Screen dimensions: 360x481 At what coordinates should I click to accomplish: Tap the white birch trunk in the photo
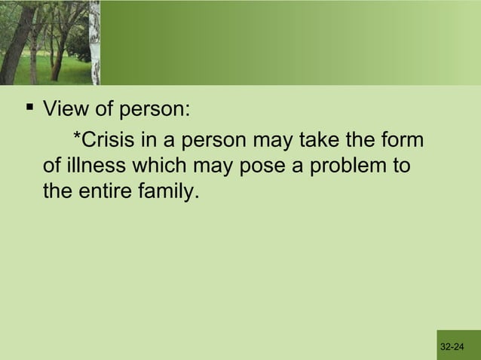point(94,45)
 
